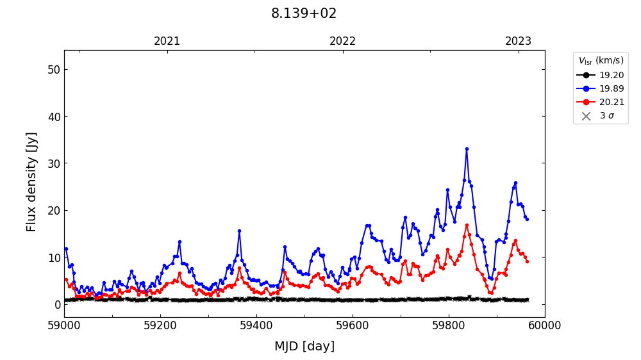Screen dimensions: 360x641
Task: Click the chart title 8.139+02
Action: click(x=304, y=13)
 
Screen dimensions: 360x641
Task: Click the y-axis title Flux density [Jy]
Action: click(x=32, y=182)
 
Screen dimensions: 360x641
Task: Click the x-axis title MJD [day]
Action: click(x=304, y=347)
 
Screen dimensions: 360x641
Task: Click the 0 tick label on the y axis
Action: click(x=56, y=304)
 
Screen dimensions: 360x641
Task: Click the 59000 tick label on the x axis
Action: click(x=64, y=325)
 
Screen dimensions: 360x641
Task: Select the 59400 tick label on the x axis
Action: click(x=256, y=325)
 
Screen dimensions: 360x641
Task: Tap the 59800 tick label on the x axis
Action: click(x=449, y=325)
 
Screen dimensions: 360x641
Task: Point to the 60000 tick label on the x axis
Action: click(x=545, y=325)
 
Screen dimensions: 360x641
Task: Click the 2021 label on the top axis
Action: click(x=167, y=42)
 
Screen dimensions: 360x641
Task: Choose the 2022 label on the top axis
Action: click(x=343, y=42)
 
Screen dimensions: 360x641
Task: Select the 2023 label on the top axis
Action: click(x=518, y=42)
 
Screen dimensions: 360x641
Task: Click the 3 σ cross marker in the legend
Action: click(x=586, y=116)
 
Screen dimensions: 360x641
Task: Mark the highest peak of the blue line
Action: click(x=467, y=149)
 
